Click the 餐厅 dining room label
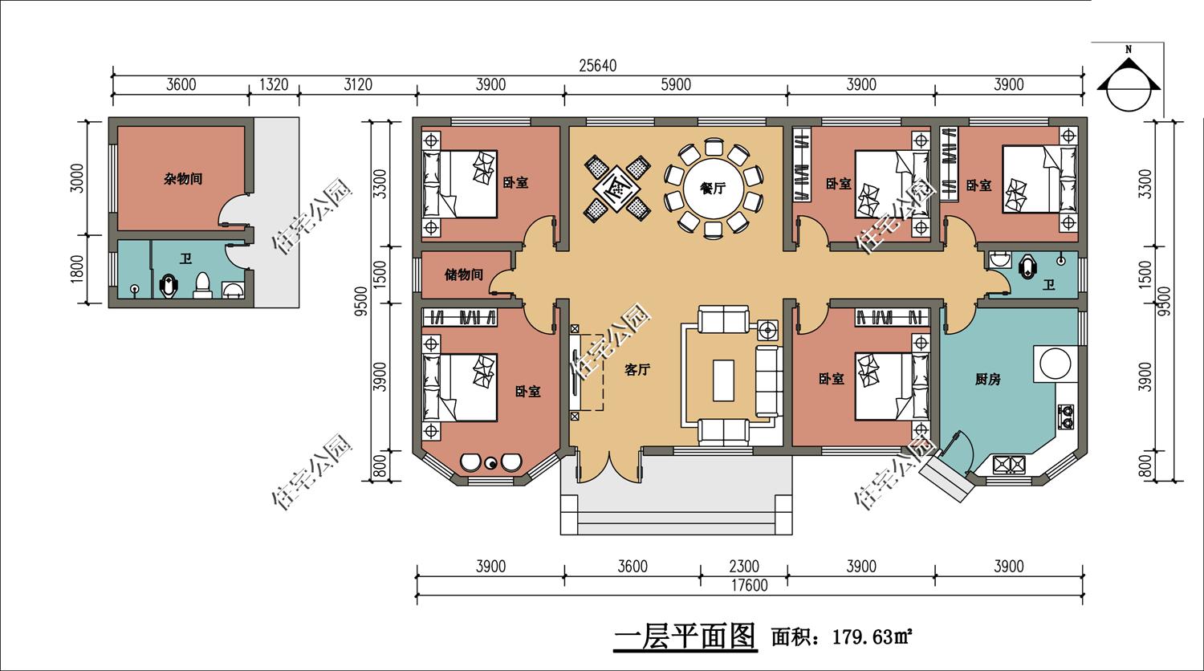(713, 188)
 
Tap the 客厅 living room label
(637, 370)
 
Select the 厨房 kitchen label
(987, 380)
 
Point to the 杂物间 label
(183, 179)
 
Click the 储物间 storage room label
(463, 274)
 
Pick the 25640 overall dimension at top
(598, 66)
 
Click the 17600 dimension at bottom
(749, 585)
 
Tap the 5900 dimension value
(676, 84)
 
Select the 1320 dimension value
(274, 84)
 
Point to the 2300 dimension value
(744, 566)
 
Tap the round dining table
(714, 188)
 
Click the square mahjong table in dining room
(617, 188)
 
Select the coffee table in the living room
(723, 380)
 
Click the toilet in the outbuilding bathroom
(202, 286)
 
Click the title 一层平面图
(685, 637)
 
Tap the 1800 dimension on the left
(77, 269)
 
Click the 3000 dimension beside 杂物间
(77, 178)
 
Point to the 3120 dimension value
(357, 84)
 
